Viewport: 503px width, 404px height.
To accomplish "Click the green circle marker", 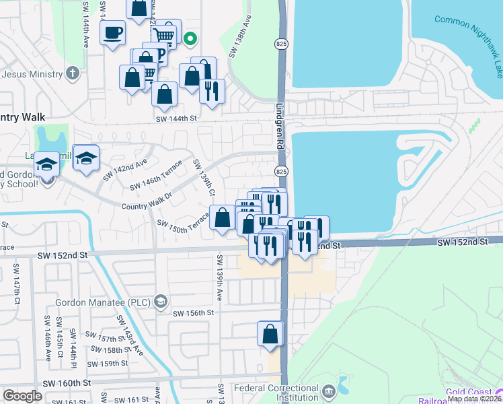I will pos(190,38).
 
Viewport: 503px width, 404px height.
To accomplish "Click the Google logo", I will pos(23,396).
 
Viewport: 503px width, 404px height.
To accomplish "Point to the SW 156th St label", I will pos(193,313).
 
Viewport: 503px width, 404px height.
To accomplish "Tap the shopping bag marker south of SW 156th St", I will pos(270,334).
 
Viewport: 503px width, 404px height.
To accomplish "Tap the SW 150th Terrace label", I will pos(183,226).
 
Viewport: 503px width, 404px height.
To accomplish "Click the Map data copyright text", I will pos(474,399).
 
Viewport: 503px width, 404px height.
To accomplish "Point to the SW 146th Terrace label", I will pos(156,177).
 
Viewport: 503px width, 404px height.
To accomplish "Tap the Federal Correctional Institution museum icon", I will pos(329,391).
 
